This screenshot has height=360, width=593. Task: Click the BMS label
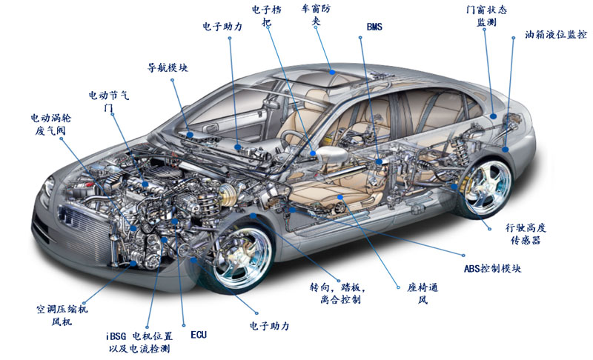tap(376, 27)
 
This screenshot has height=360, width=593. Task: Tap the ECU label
tap(199, 335)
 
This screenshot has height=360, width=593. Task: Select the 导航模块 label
tap(168, 67)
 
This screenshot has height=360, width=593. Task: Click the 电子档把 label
tap(266, 16)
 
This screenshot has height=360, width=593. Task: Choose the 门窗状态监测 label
tap(486, 16)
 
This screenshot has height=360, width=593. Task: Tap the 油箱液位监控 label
tap(555, 35)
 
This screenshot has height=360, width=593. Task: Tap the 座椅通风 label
tap(423, 293)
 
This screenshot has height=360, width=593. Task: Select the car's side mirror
tap(330, 155)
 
